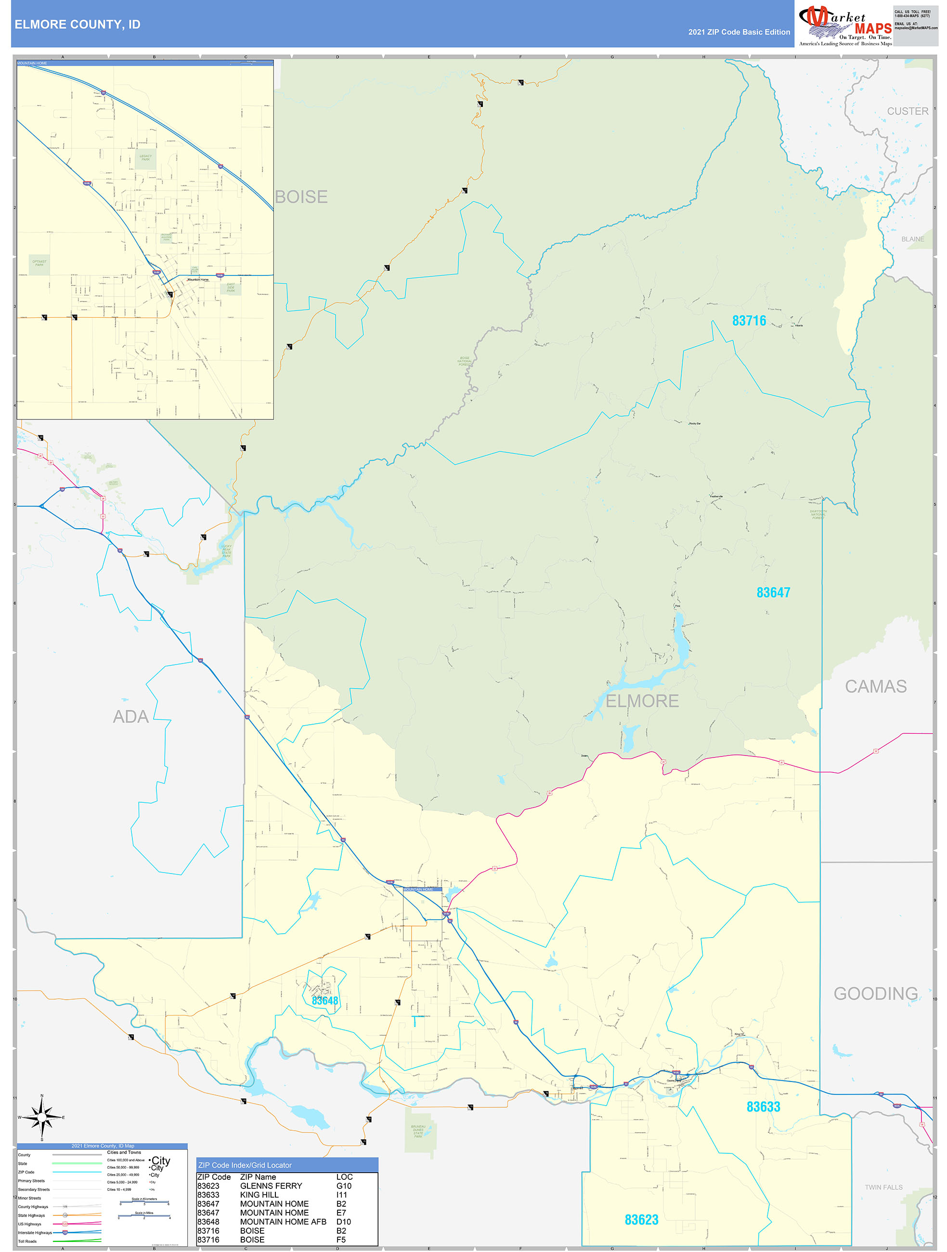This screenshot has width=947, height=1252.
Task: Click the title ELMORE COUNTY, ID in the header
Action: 78,25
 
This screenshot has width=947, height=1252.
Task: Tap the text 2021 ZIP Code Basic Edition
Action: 738,32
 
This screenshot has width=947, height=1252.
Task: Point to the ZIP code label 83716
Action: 748,321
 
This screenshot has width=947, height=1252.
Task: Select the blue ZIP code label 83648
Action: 325,1001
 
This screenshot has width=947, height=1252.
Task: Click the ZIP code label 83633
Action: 763,1107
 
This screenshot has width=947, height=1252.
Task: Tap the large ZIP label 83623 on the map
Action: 641,1220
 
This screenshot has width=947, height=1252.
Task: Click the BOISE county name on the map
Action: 301,197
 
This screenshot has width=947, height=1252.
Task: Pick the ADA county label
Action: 131,717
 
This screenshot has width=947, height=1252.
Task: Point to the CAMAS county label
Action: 875,687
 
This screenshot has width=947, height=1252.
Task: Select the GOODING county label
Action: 875,993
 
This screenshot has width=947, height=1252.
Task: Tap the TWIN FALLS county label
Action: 883,1187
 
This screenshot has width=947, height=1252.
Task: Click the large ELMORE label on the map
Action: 642,701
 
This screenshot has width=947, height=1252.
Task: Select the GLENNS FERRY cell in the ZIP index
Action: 271,1186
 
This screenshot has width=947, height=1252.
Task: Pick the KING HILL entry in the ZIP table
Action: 259,1195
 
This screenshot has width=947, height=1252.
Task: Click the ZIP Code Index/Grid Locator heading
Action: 245,1165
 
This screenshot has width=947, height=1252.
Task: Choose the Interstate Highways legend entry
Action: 35,1232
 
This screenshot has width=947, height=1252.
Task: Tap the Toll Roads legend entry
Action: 27,1241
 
